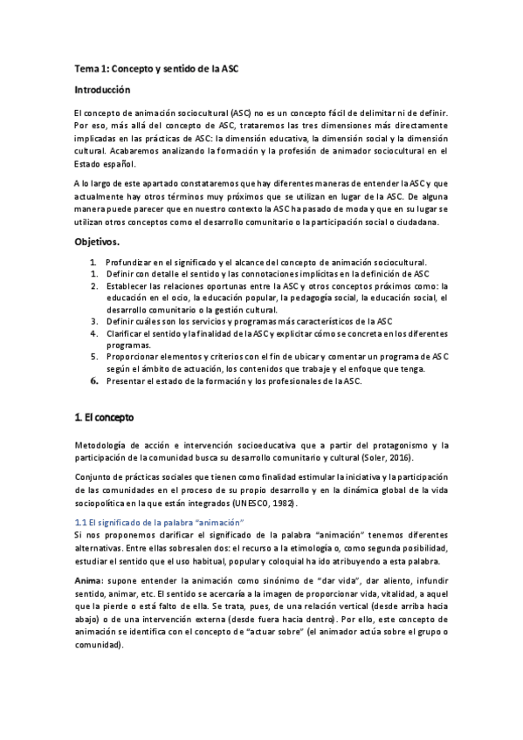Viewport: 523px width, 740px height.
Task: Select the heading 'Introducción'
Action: pyautogui.click(x=102, y=90)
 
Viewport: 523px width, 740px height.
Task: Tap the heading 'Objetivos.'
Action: pyautogui.click(x=98, y=240)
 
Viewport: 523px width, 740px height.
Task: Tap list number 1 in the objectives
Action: pyautogui.click(x=93, y=261)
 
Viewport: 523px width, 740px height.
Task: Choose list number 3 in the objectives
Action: pyautogui.click(x=93, y=320)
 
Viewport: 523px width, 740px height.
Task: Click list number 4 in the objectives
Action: pyautogui.click(x=93, y=332)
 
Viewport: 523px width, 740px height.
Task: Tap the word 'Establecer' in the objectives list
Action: pyautogui.click(x=127, y=285)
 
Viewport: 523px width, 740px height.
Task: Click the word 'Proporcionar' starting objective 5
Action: pyautogui.click(x=133, y=357)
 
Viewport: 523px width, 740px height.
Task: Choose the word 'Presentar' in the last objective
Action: pyautogui.click(x=126, y=381)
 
